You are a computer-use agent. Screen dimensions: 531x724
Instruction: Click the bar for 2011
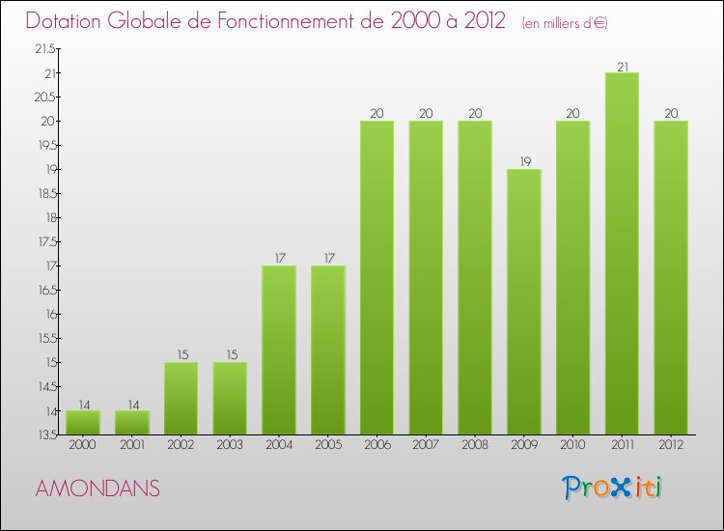pyautogui.click(x=622, y=253)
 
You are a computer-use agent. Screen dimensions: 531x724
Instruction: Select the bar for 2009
pyautogui.click(x=524, y=301)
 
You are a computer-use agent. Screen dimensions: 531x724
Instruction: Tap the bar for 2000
pyautogui.click(x=83, y=422)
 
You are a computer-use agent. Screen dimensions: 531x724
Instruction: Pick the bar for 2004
pyautogui.click(x=279, y=349)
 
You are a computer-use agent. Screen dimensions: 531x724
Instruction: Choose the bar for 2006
pyautogui.click(x=376, y=277)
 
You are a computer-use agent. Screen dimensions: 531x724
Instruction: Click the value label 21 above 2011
pyautogui.click(x=622, y=66)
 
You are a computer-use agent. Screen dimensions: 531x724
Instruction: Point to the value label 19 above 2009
pyautogui.click(x=524, y=162)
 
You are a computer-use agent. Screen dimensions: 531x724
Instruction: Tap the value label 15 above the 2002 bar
pyautogui.click(x=181, y=355)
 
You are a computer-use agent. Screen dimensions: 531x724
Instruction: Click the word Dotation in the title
pyautogui.click(x=66, y=21)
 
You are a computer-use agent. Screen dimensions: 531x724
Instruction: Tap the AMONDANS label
pyautogui.click(x=97, y=489)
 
